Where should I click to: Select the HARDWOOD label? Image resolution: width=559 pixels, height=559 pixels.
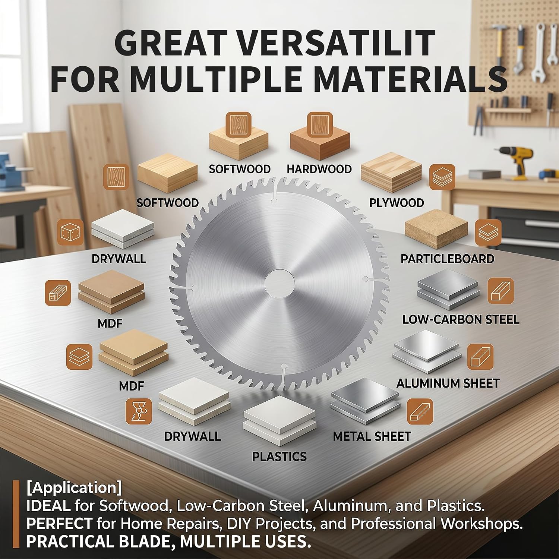click(319, 169)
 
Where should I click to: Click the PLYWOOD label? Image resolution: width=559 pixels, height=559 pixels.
click(397, 203)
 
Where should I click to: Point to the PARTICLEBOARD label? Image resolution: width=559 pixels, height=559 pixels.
click(447, 259)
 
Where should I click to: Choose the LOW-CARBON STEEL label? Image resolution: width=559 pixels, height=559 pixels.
click(461, 319)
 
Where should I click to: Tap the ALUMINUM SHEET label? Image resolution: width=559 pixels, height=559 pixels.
click(448, 383)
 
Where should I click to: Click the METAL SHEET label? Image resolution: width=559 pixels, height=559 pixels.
click(372, 436)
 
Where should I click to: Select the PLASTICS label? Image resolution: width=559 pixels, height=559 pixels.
click(279, 457)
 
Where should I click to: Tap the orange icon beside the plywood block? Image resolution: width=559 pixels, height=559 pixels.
click(442, 177)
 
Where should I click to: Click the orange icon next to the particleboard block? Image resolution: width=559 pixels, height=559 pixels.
click(488, 232)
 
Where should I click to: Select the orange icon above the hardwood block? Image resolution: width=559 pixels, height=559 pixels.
click(320, 124)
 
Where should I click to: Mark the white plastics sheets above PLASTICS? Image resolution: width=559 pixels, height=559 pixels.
click(279, 420)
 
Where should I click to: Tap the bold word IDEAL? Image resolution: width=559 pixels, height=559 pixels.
click(48, 506)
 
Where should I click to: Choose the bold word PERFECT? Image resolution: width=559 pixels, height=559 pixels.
click(59, 524)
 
